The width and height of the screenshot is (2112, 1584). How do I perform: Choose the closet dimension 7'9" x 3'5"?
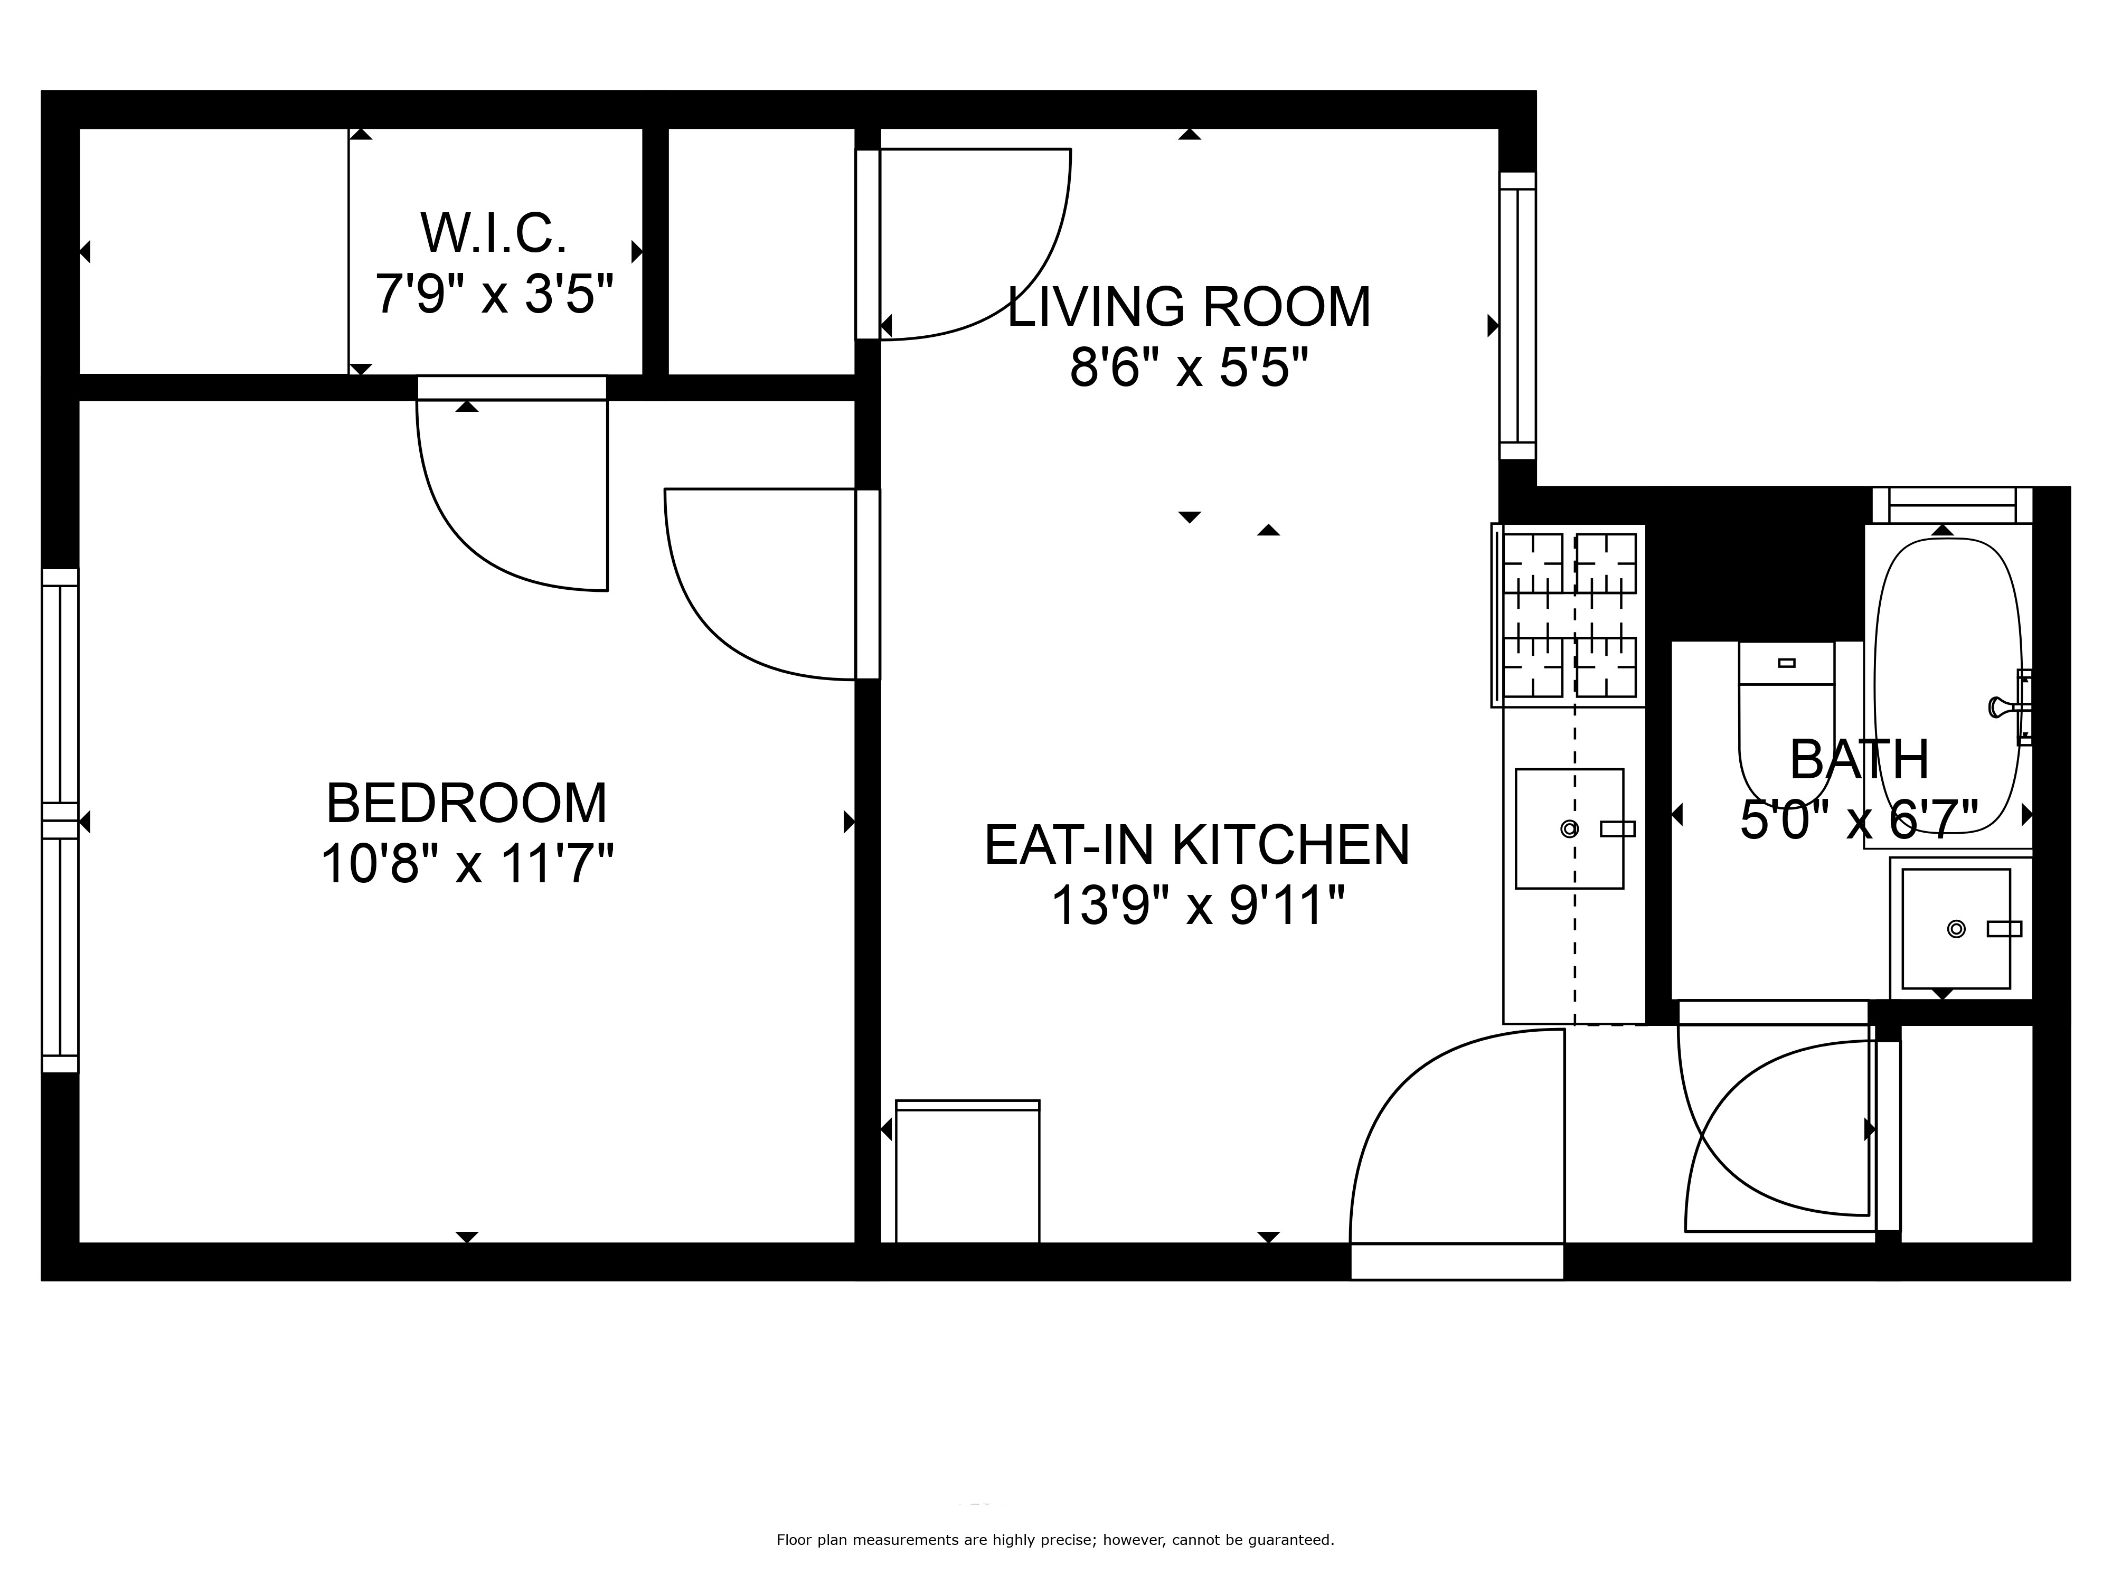[x=494, y=293]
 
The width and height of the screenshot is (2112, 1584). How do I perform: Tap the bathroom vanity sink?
[x=1956, y=928]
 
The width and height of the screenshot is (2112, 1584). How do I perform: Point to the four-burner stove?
[x=1569, y=616]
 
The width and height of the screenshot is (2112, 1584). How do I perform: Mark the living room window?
[x=1517, y=316]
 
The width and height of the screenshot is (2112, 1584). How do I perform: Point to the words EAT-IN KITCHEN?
[x=1198, y=844]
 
